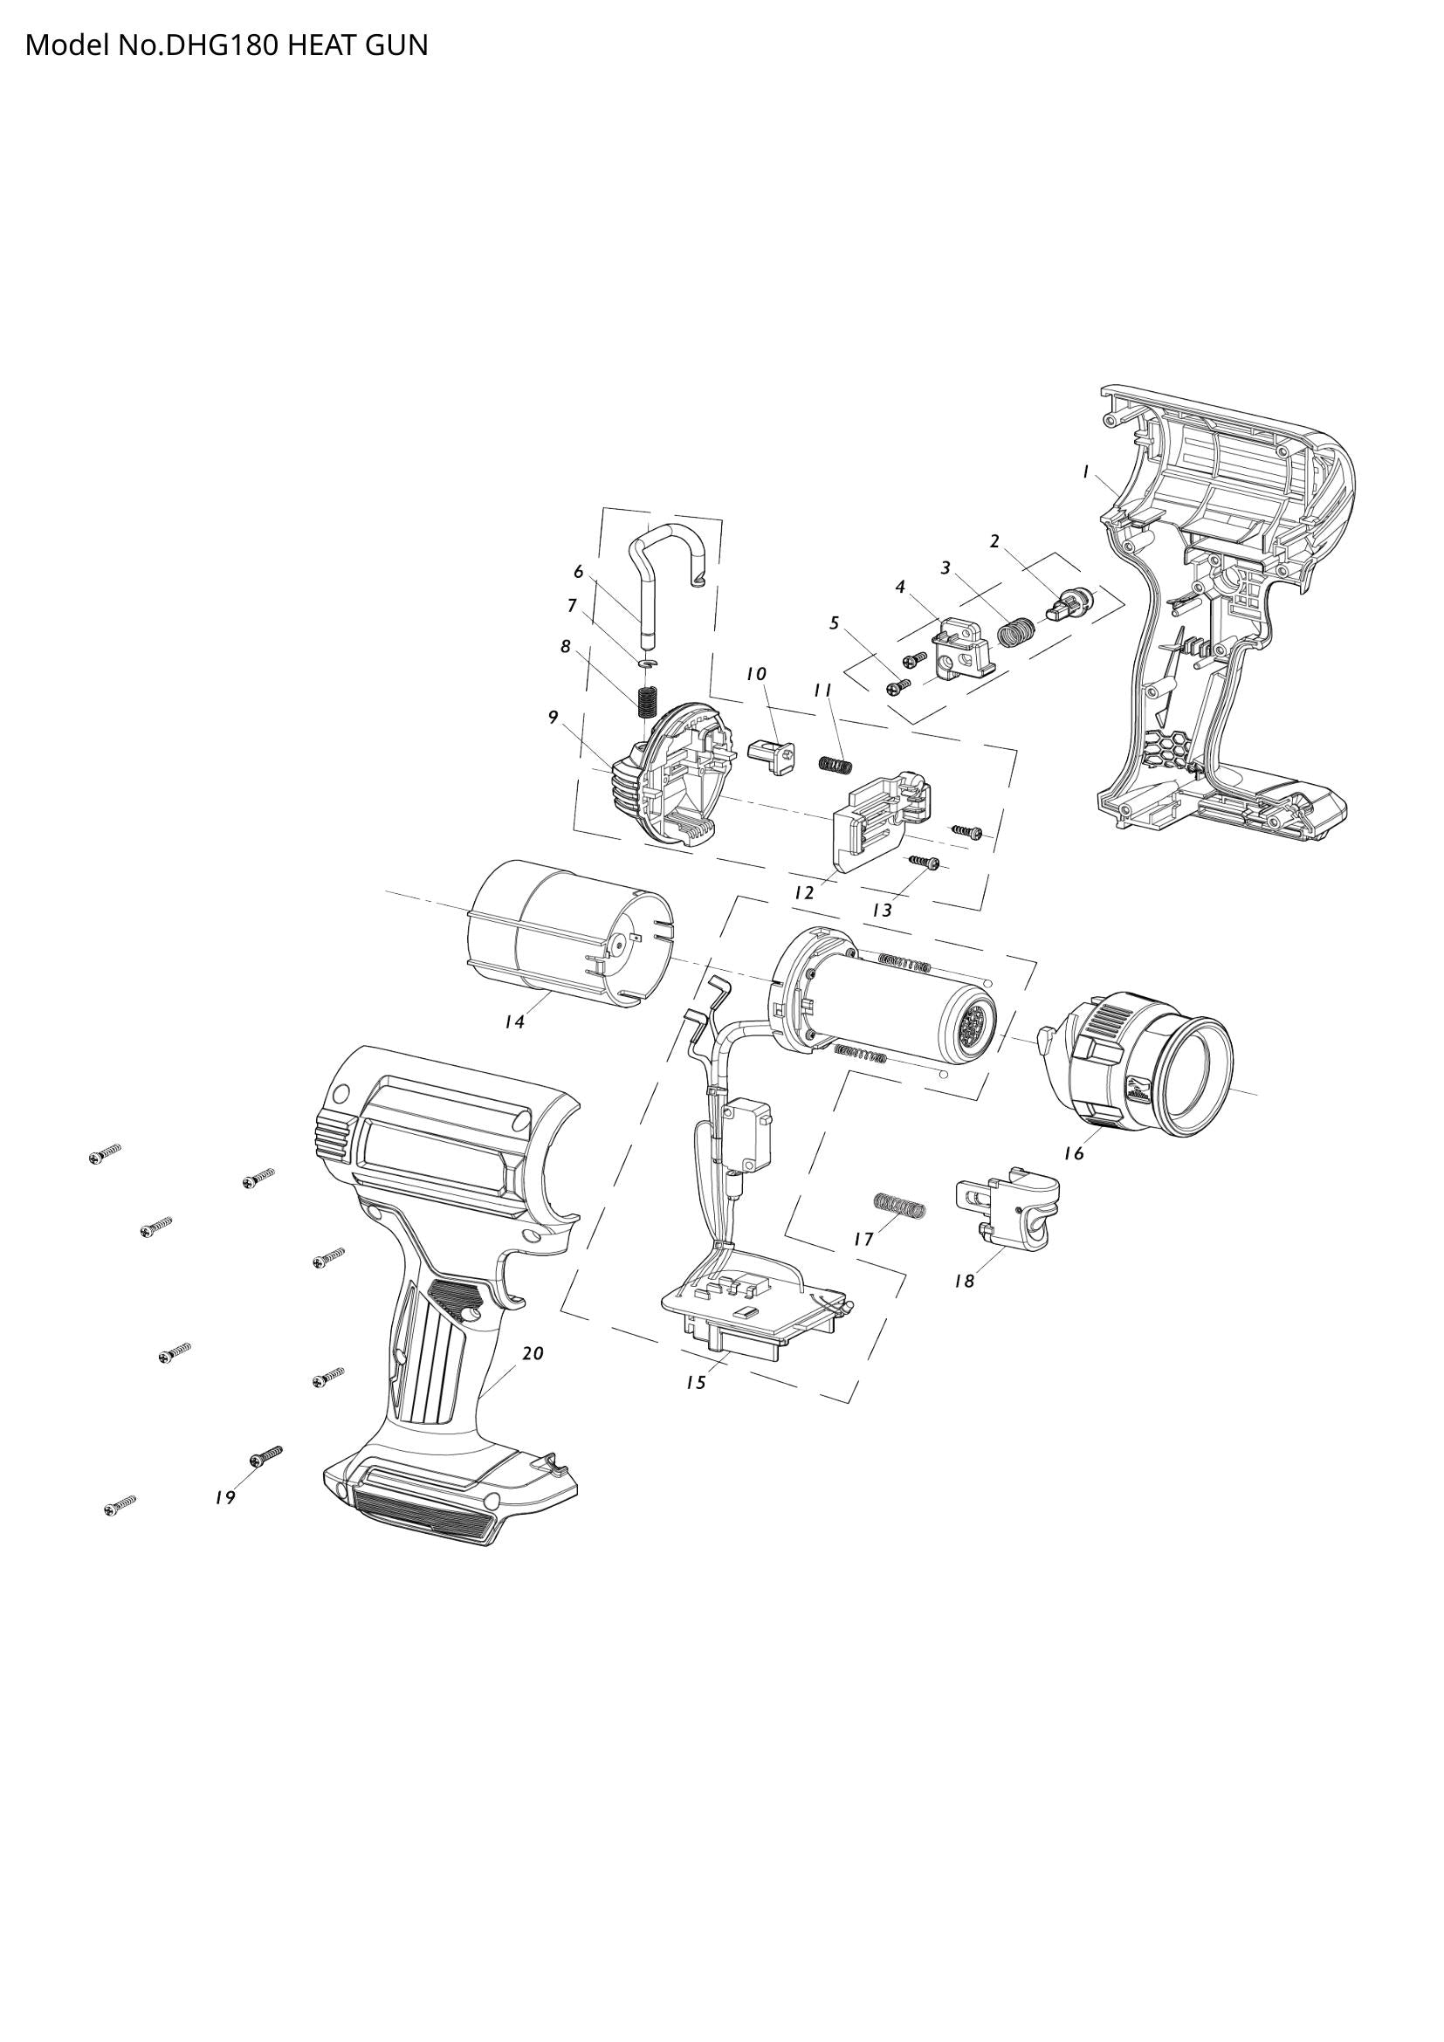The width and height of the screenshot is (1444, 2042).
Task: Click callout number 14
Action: pyautogui.click(x=514, y=1022)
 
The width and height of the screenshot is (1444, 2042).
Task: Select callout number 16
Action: pyautogui.click(x=1074, y=1152)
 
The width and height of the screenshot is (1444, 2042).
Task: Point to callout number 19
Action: pyautogui.click(x=225, y=1498)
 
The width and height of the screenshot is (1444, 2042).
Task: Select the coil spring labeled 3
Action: pyautogui.click(x=1016, y=632)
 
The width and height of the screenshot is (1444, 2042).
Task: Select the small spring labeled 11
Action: pyautogui.click(x=835, y=764)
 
